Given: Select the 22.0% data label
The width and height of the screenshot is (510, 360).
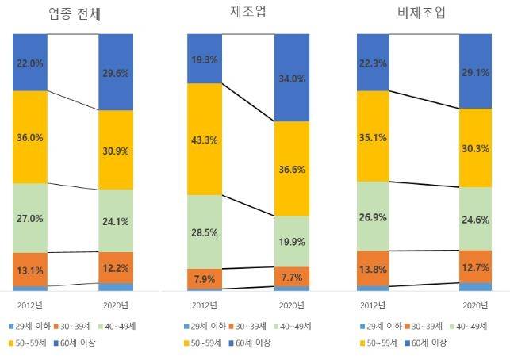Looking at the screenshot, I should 29,62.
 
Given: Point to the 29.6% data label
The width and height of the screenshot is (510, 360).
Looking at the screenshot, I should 116,73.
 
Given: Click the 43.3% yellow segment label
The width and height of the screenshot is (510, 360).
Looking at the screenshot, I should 204,139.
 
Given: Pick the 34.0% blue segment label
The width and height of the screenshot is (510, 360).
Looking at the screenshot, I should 291,78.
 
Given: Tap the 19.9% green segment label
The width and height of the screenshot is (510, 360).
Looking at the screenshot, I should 291,241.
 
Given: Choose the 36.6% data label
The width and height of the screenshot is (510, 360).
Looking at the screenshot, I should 291,169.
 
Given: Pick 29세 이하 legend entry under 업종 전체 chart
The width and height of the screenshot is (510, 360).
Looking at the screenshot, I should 29,326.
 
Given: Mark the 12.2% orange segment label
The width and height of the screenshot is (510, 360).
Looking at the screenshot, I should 116,268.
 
